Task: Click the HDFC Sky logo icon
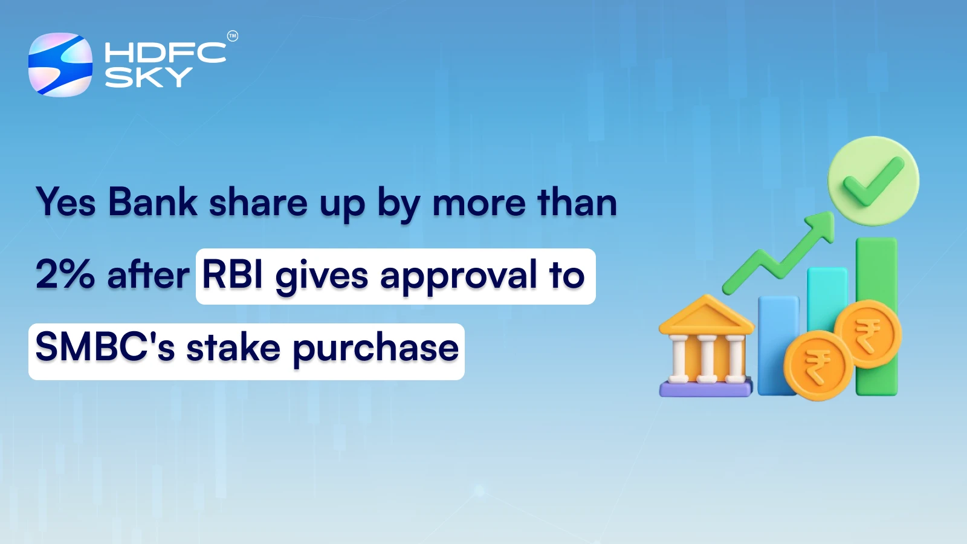click(x=60, y=65)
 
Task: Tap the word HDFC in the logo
click(x=165, y=53)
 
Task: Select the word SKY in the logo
click(x=149, y=77)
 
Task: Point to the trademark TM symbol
click(x=233, y=36)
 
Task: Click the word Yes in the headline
click(x=66, y=202)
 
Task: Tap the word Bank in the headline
click(x=153, y=202)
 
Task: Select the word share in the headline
click(x=258, y=203)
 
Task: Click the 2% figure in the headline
click(x=65, y=275)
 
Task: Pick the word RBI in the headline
click(x=233, y=275)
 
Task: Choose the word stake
click(x=233, y=348)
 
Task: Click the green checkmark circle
click(x=873, y=181)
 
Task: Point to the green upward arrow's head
click(x=824, y=224)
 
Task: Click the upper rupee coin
click(x=868, y=334)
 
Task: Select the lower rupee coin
click(x=817, y=366)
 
